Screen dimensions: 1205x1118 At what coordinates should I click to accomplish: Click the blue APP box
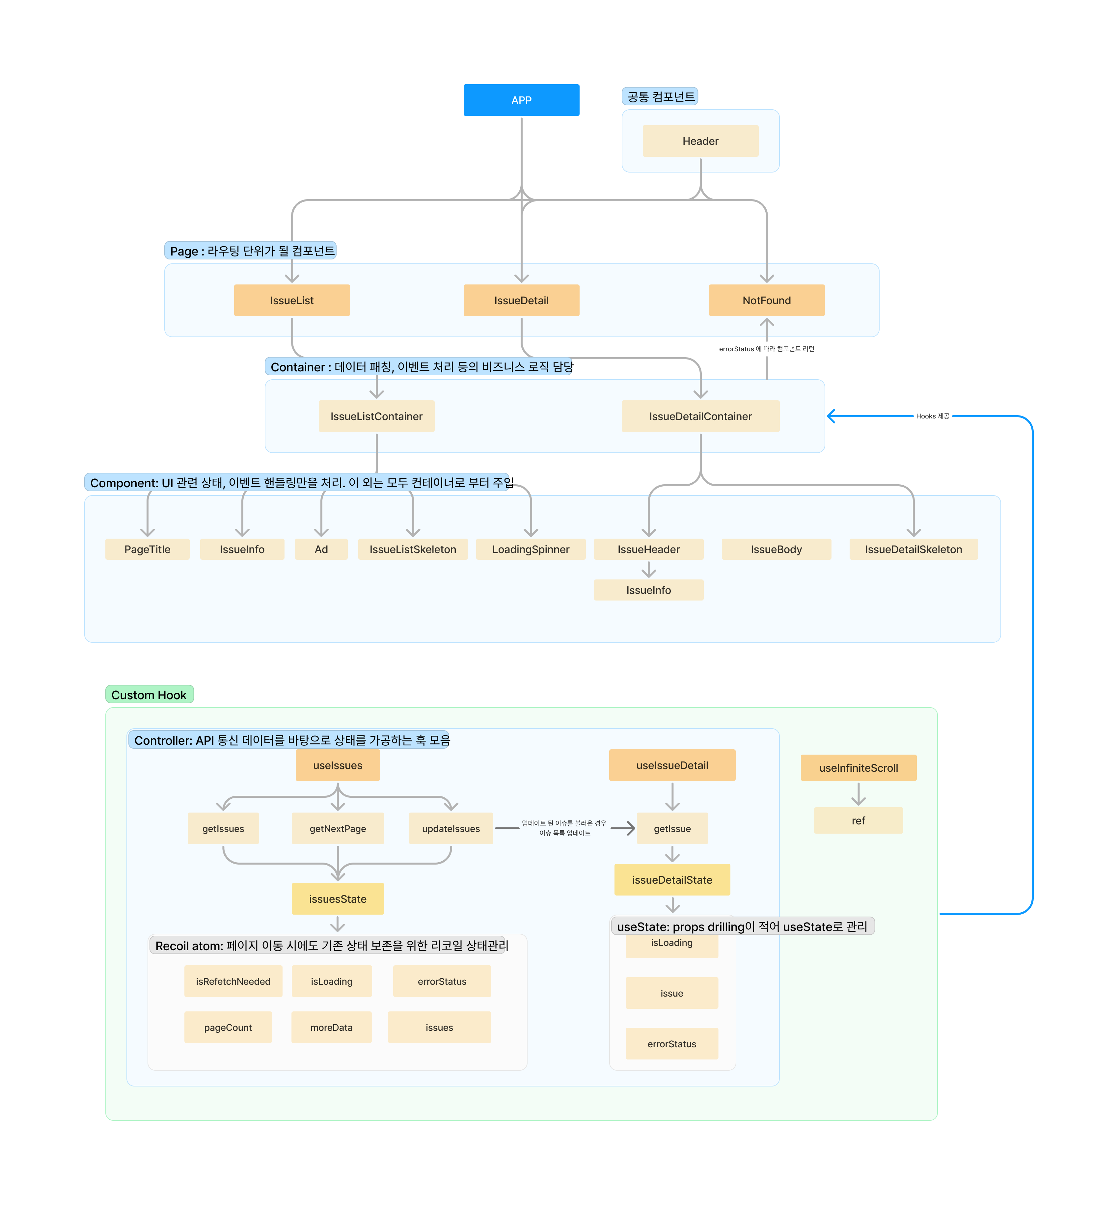521,100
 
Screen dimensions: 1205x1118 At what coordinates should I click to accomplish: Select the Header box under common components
700,141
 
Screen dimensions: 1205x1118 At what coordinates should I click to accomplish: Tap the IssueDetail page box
521,300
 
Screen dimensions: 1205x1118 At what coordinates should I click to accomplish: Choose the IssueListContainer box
376,416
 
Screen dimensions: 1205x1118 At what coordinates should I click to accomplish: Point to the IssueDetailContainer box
700,416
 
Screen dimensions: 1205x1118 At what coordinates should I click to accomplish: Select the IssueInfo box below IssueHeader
648,590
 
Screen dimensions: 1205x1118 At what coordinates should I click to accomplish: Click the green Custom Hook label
149,694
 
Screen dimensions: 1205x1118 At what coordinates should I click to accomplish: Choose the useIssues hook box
338,765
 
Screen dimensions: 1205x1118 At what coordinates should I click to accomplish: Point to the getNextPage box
338,828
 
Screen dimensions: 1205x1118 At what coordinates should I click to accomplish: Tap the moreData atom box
331,1027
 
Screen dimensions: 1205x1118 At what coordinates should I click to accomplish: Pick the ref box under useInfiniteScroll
858,820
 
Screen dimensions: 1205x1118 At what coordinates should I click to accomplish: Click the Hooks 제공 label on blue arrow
932,416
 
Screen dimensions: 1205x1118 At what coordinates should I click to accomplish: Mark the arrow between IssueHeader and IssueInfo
648,569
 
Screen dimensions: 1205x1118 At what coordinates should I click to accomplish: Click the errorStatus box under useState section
671,1043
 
